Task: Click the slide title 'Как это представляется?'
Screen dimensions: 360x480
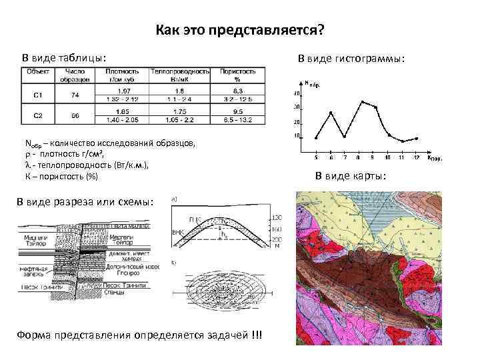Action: (x=240, y=31)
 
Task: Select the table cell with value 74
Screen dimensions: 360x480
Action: (x=75, y=95)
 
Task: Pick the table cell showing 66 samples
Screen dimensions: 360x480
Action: (x=75, y=115)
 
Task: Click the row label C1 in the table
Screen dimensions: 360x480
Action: (x=39, y=95)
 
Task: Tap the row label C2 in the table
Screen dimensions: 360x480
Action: (x=39, y=115)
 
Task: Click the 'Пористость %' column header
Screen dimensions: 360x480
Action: (x=238, y=73)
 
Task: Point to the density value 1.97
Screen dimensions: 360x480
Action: (x=123, y=90)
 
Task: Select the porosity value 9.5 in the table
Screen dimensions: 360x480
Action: (x=238, y=111)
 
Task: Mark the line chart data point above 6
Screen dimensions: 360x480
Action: (x=331, y=113)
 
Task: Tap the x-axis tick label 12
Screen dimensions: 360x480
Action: (x=416, y=158)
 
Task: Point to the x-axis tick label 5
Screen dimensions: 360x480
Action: (x=316, y=158)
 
